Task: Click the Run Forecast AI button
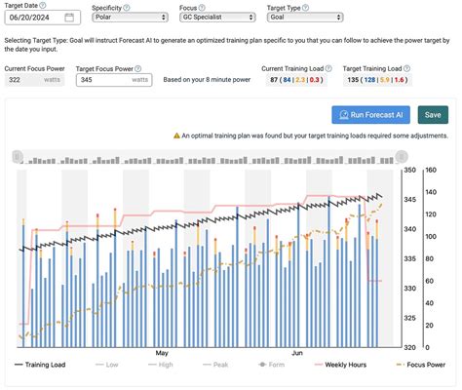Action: coord(370,115)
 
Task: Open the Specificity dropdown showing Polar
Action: coord(134,17)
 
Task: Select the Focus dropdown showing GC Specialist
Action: coord(220,17)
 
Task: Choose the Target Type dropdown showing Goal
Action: coord(303,17)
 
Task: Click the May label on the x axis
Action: coord(162,353)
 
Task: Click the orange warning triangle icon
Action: coord(176,136)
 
